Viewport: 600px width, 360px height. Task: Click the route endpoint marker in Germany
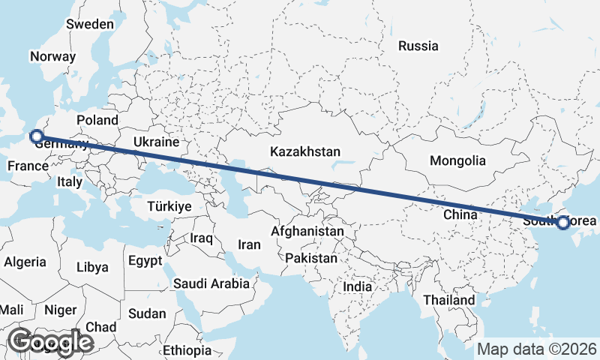point(35,136)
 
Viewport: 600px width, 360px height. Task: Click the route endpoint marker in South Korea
point(562,222)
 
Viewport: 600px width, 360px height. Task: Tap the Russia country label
point(418,46)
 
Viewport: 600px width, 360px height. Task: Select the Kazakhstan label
point(305,151)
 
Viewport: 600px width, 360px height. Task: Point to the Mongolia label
point(457,160)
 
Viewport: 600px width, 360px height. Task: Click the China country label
point(460,214)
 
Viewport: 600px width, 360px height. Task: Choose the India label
point(357,286)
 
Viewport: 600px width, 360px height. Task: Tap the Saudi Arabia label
point(211,283)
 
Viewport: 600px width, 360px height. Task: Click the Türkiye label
point(169,205)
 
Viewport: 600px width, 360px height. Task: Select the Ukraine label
point(156,142)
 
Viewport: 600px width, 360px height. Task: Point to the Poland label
point(97,120)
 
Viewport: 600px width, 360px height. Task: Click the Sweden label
point(89,24)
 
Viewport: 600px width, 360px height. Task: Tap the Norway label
point(52,56)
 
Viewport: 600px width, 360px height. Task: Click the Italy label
point(69,181)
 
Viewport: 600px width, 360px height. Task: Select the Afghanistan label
point(307,232)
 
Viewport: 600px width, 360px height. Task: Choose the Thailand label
point(448,300)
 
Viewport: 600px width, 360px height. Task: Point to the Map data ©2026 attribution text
point(536,349)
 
